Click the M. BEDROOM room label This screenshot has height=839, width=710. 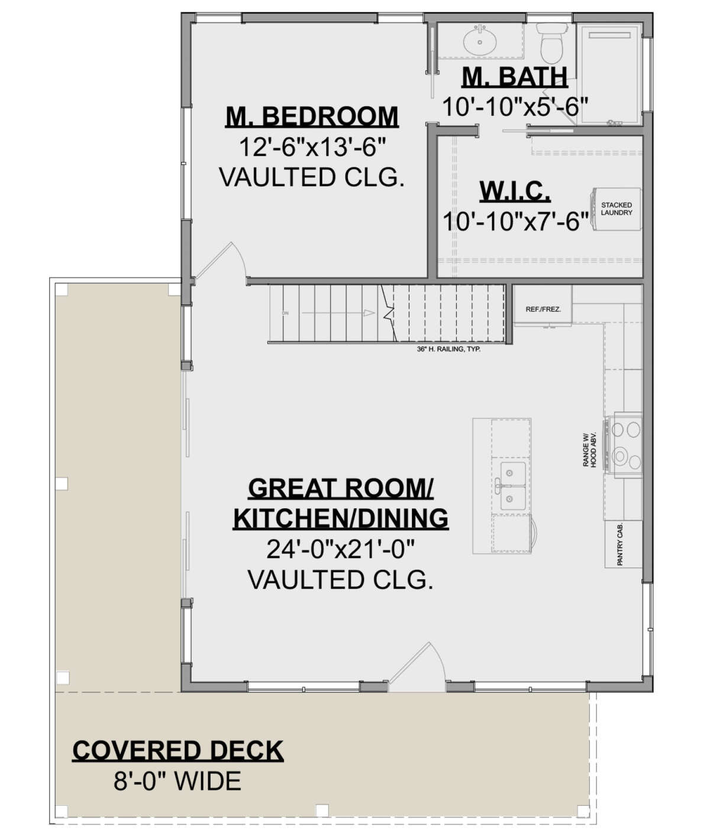[x=312, y=117]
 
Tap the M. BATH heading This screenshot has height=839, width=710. [x=514, y=77]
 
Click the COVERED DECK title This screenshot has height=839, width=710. [x=177, y=750]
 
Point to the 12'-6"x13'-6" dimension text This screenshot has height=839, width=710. [x=312, y=147]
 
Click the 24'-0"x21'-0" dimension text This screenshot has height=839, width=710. [x=340, y=549]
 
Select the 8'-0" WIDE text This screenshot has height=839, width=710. [x=177, y=782]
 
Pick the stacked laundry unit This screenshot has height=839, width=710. [x=616, y=209]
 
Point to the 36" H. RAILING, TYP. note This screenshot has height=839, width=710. [x=448, y=350]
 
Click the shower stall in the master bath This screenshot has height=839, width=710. [x=609, y=74]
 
